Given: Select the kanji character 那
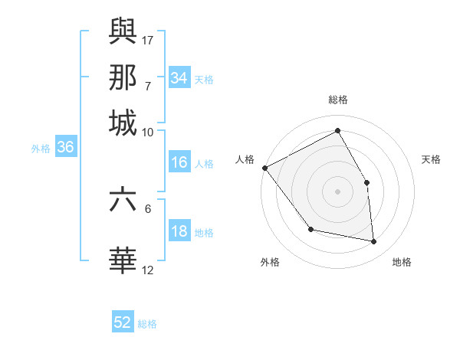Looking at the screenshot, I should tap(123, 78).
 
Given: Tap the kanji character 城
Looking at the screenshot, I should tap(123, 123).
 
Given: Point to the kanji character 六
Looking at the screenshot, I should tap(123, 199).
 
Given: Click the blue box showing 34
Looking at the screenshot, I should tap(179, 78).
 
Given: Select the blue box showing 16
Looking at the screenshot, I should tap(179, 162).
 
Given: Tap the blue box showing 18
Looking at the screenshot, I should tap(179, 232).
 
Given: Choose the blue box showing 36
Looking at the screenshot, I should tap(65, 148).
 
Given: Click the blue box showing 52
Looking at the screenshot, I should tap(123, 322).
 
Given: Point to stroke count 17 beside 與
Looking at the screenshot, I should tap(149, 39).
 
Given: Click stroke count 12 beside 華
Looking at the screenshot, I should tap(148, 270).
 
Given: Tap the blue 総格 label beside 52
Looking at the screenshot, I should tap(148, 324).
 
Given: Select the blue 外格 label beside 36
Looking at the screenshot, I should tap(41, 149).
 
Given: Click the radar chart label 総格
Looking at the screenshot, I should tap(337, 100).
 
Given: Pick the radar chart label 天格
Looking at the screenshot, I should tap(431, 159).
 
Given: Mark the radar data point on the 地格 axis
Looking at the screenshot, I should tap(374, 241).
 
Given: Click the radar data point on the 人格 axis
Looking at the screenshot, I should tap(264, 168).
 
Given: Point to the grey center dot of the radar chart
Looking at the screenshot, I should tap(337, 191).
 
